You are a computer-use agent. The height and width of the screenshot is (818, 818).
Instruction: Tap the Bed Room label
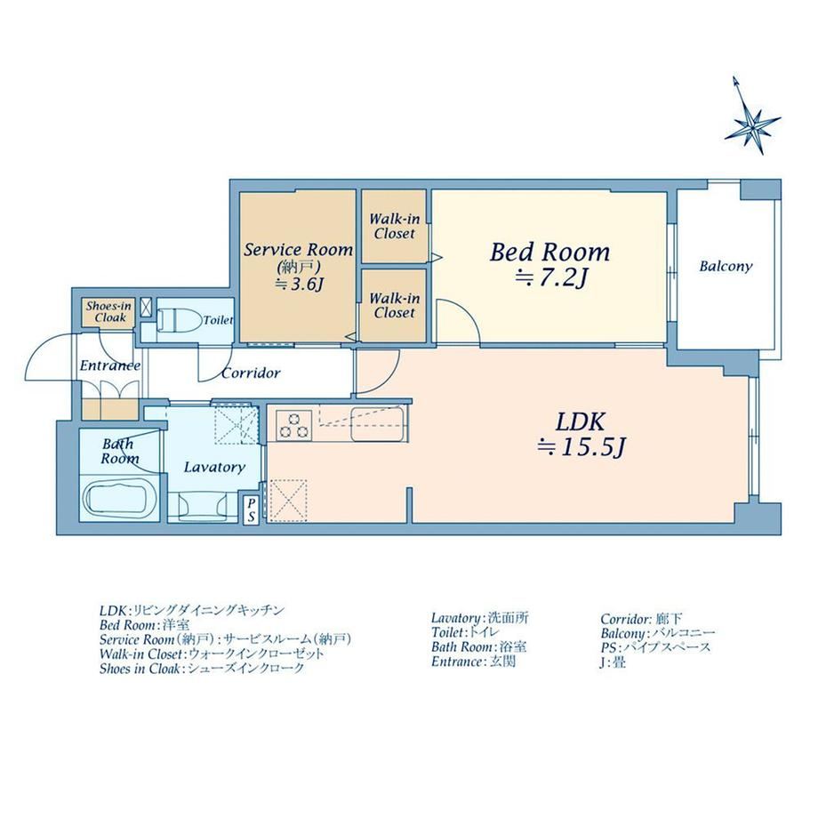point(549,253)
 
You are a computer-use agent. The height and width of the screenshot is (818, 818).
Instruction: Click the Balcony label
point(726,267)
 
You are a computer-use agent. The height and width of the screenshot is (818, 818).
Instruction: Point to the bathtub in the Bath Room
point(120,500)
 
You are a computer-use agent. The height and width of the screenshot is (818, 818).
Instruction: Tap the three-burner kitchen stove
point(293,424)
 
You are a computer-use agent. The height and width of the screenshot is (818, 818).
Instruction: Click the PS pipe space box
point(252,509)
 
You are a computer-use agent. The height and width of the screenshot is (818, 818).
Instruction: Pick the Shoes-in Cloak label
point(109,311)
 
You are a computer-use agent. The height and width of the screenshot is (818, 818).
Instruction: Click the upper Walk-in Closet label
point(395,227)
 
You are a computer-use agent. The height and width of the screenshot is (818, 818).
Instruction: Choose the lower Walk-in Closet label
point(395,306)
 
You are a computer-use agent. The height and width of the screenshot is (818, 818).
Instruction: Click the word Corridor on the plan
point(251,373)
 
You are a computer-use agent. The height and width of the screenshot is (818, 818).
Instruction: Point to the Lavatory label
point(214,467)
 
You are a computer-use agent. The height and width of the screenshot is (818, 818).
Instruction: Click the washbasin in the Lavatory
point(203,506)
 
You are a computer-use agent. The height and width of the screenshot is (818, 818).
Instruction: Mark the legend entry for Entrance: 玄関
point(473,662)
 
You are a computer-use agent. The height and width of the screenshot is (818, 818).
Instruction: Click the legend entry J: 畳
point(613,662)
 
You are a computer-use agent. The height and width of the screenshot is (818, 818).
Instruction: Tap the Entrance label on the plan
point(110,365)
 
